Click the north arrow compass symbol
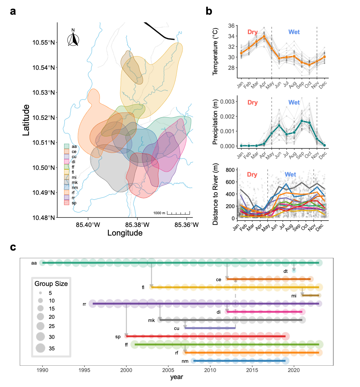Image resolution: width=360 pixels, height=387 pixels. (73, 39)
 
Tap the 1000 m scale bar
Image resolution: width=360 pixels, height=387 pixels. (178, 213)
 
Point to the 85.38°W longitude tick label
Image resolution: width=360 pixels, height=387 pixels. (137, 225)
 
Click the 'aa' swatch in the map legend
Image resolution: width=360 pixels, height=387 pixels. (67, 146)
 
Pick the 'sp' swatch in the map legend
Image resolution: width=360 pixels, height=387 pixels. (67, 203)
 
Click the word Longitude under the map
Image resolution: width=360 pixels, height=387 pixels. (125, 233)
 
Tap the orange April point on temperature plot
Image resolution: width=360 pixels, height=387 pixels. (264, 36)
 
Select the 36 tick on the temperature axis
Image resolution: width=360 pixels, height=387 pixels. (231, 26)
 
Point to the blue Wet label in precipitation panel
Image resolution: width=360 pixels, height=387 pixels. (294, 103)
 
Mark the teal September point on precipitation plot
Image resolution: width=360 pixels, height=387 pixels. (302, 121)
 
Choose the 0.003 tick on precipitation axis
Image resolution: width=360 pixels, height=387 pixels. (228, 102)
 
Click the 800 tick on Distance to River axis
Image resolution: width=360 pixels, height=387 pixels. (230, 170)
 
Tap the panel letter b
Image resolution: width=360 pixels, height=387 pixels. (209, 11)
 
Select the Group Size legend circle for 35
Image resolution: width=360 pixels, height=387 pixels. (41, 348)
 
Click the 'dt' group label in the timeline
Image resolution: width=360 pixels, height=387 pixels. (285, 271)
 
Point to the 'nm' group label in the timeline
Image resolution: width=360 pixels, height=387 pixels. (185, 361)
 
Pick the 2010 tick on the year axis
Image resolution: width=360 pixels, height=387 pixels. (210, 370)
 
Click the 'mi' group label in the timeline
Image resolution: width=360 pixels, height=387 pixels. (294, 296)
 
